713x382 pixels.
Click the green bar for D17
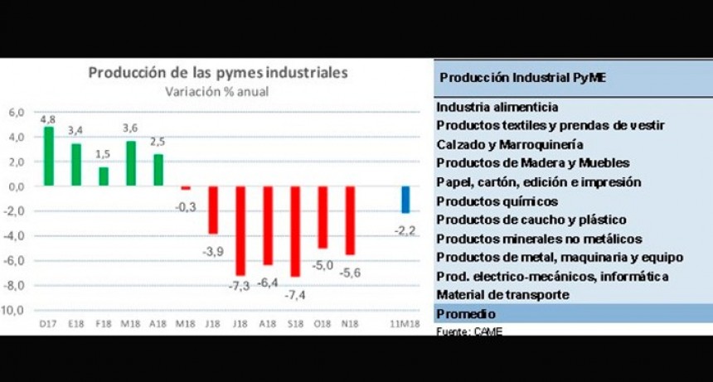coord(49,156)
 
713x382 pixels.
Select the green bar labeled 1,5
coord(104,176)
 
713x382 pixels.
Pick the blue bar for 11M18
coord(405,200)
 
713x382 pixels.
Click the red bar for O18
coord(323,217)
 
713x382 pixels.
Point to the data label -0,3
coord(187,206)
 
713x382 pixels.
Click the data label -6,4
coord(267,283)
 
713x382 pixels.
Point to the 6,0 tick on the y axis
coord(17,113)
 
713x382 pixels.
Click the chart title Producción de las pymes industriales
coord(218,73)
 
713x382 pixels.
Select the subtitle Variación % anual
coord(218,91)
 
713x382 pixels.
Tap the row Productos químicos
coord(497,201)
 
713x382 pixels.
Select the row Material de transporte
coord(502,295)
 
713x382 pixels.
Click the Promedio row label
coord(466,314)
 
